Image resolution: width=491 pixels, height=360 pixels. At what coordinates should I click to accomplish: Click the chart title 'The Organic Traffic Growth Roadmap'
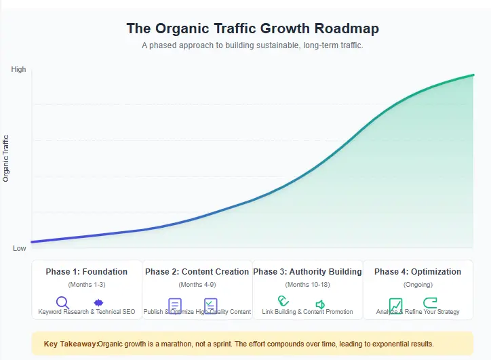(x=252, y=28)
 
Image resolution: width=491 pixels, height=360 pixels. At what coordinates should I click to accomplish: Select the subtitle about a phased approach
(x=252, y=45)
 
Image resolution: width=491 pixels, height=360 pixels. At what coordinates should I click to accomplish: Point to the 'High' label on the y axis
(x=19, y=69)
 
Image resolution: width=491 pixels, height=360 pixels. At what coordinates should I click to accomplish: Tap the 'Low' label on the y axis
(x=20, y=248)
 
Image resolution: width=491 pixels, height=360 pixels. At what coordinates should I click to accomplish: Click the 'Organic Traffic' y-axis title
(x=6, y=159)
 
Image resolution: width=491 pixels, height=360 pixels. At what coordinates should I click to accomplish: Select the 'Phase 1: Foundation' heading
(x=86, y=272)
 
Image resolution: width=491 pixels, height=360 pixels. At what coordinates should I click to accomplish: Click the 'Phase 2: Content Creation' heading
(x=197, y=272)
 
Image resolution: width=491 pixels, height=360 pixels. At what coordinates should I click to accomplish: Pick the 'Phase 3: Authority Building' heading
(x=307, y=272)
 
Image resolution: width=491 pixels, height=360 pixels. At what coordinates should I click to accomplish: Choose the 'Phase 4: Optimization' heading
(x=418, y=272)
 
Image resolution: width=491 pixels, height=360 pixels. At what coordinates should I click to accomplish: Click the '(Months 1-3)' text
(x=86, y=284)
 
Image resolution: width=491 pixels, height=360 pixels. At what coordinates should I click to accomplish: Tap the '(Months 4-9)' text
(x=197, y=284)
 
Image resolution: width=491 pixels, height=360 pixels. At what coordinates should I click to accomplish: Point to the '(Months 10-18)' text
(x=307, y=284)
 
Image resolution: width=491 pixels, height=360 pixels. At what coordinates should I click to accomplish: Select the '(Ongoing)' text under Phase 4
(x=418, y=284)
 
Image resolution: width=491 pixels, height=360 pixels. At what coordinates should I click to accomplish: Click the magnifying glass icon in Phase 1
(x=62, y=302)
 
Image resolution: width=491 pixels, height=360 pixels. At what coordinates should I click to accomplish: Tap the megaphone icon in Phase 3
(x=320, y=304)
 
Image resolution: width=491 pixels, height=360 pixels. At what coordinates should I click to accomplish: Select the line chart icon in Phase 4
(x=395, y=304)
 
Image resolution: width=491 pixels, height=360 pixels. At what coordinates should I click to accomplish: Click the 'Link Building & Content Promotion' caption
(x=307, y=312)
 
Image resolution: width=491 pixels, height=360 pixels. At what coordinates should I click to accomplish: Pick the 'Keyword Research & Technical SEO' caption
(x=87, y=312)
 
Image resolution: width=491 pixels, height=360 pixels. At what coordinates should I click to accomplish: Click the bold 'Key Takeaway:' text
(x=70, y=344)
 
